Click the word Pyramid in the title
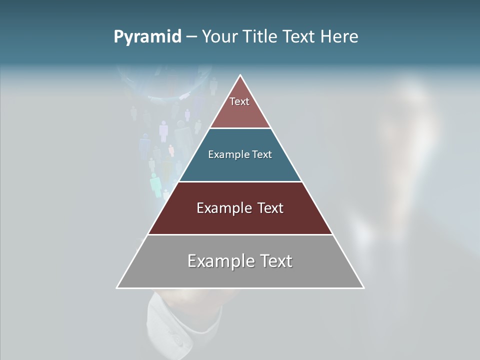tap(147, 36)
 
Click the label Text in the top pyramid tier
tap(239, 101)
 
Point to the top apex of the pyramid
tap(240, 75)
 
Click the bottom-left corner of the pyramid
tap(117, 287)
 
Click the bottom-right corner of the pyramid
tap(363, 287)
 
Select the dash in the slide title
tap(191, 36)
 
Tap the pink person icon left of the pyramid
tap(163, 131)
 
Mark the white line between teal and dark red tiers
tap(240, 181)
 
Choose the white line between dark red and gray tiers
tap(240, 234)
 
